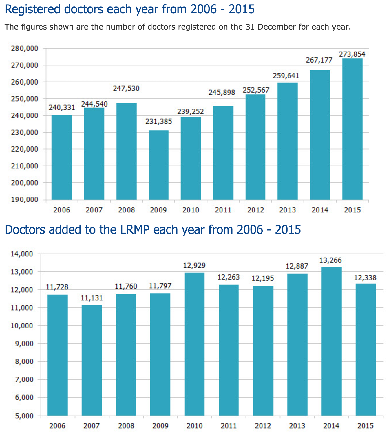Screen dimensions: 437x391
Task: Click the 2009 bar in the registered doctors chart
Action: coord(159,165)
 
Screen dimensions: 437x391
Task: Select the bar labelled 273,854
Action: coord(352,129)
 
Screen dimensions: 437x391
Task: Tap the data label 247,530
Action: coord(126,88)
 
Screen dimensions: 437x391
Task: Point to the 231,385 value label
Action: coord(159,122)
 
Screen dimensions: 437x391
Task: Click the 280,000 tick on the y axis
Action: coord(25,48)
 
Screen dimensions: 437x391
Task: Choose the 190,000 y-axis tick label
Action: coord(25,200)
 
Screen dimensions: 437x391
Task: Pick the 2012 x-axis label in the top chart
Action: coord(255,210)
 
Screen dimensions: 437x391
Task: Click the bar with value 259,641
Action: coord(288,141)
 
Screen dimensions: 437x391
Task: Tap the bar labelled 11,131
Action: coord(92,360)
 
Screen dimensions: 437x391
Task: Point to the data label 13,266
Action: coord(330,260)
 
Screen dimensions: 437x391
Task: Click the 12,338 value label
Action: coord(365,278)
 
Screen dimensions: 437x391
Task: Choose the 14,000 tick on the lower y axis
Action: coord(22,254)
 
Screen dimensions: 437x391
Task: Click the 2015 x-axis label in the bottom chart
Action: coord(366,426)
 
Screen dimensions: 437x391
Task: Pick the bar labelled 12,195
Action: coord(263,351)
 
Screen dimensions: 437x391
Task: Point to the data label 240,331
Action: coord(62,108)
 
